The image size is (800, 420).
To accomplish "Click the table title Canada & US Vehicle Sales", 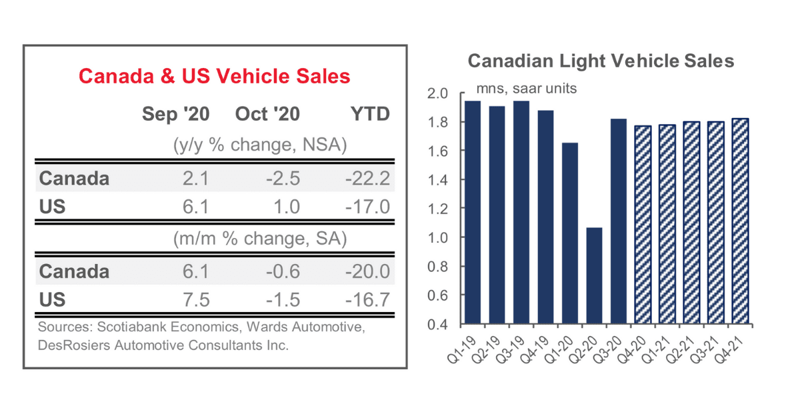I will coord(214,76).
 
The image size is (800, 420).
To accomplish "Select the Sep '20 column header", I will coord(175,114).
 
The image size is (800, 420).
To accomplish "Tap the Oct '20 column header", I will coord(267,114).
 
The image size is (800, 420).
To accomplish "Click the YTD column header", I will coord(370,114).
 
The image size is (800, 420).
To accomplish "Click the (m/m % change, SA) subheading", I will coord(259,239).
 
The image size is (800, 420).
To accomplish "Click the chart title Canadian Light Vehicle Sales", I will coord(600,61).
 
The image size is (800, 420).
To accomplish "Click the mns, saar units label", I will coord(525,88).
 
